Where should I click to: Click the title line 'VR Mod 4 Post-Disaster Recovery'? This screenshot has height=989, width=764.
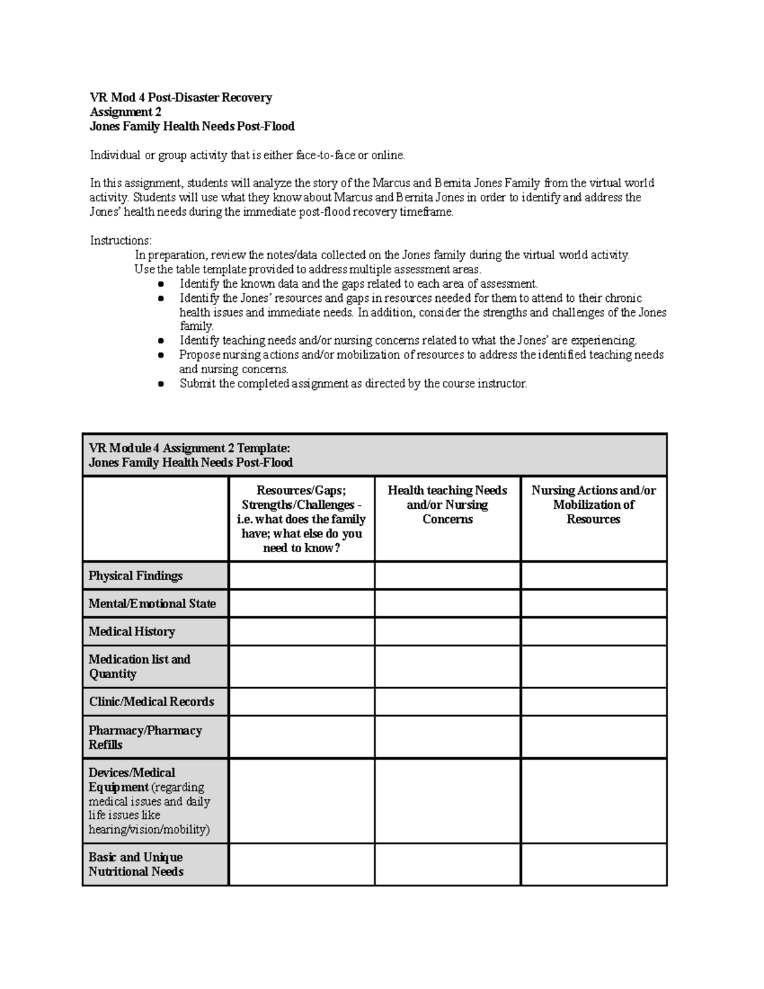[x=181, y=97]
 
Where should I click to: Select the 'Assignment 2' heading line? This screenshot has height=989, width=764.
[x=125, y=112]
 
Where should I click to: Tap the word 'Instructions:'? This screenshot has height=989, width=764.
[x=121, y=240]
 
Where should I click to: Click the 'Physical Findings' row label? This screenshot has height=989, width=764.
[x=136, y=576]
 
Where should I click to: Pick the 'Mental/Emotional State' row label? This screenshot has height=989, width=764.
[x=152, y=603]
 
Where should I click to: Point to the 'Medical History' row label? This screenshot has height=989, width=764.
[x=132, y=631]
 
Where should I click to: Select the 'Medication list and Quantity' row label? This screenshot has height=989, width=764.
[x=139, y=666]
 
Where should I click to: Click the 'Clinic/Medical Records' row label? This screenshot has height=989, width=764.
[x=152, y=701]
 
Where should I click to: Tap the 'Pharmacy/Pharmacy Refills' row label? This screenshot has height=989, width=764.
[x=145, y=737]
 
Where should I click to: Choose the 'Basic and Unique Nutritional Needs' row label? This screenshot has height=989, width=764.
[x=136, y=864]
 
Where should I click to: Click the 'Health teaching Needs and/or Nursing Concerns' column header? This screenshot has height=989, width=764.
[x=448, y=504]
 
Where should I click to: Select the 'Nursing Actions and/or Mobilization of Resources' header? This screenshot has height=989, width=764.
[x=593, y=504]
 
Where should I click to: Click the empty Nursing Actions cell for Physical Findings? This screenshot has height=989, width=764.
[x=593, y=576]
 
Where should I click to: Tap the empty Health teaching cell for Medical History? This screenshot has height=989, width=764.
[x=448, y=631]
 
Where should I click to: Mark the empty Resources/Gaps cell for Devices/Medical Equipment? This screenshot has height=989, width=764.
[x=301, y=800]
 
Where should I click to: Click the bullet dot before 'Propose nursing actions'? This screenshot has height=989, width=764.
[x=161, y=355]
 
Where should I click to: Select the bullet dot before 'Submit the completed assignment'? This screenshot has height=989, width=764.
[x=161, y=384]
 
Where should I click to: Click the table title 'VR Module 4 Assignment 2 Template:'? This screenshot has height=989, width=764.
[x=189, y=448]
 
